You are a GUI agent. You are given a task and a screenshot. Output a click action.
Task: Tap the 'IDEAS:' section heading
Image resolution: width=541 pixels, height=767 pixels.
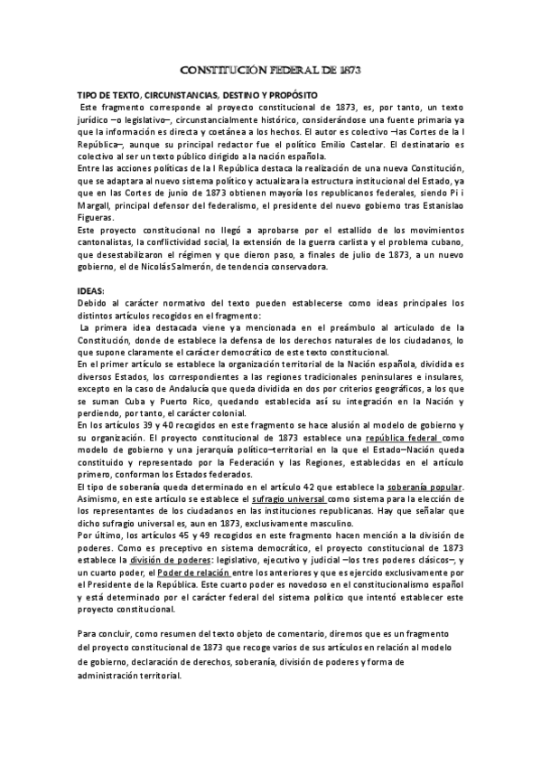91,289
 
